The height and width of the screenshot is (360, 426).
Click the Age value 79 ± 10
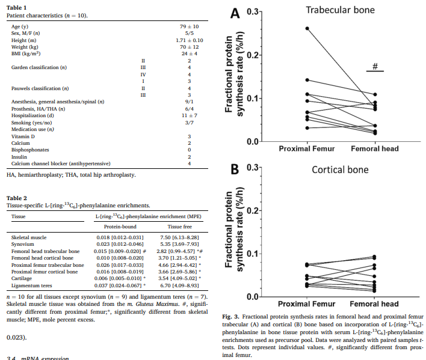[x=189, y=27]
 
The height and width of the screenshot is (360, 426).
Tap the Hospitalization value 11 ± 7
[x=189, y=114]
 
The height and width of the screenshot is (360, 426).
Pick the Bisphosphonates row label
[x=30, y=150]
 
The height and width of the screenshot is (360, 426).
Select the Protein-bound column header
[x=120, y=227]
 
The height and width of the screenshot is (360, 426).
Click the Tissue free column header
[x=178, y=227]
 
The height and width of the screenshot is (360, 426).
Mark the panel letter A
[x=234, y=12]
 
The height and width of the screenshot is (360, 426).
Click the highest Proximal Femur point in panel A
[x=307, y=28]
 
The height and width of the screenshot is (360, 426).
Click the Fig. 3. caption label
[x=230, y=316]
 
